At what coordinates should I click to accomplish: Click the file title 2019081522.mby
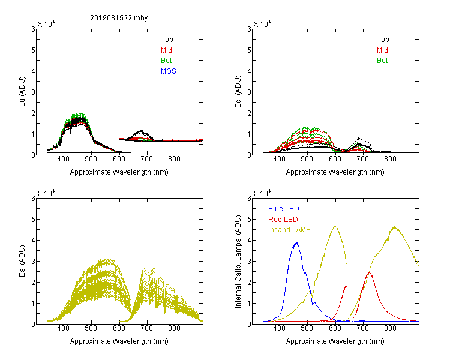119,18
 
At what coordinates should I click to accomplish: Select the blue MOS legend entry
169,71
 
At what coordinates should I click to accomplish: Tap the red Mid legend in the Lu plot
166,50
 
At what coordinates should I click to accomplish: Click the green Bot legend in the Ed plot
382,61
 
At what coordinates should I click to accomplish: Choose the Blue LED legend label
284,209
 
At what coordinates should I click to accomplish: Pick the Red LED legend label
283,220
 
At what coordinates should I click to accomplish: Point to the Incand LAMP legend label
289,230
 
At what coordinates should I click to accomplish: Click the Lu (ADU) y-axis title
22,92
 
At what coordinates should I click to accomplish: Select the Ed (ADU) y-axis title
238,92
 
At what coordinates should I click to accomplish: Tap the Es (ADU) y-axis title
22,261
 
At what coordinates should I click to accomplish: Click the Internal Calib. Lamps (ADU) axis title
238,262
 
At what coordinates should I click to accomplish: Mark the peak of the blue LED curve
296,243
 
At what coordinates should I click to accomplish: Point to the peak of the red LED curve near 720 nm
369,272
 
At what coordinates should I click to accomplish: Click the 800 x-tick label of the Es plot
174,328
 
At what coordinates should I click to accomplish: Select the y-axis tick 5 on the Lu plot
33,50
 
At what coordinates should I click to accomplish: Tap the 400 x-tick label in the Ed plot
279,159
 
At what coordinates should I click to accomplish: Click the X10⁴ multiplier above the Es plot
46,193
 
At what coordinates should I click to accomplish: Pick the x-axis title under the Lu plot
119,172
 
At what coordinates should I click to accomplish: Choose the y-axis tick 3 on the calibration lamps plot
249,262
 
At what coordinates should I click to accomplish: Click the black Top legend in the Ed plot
383,40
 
